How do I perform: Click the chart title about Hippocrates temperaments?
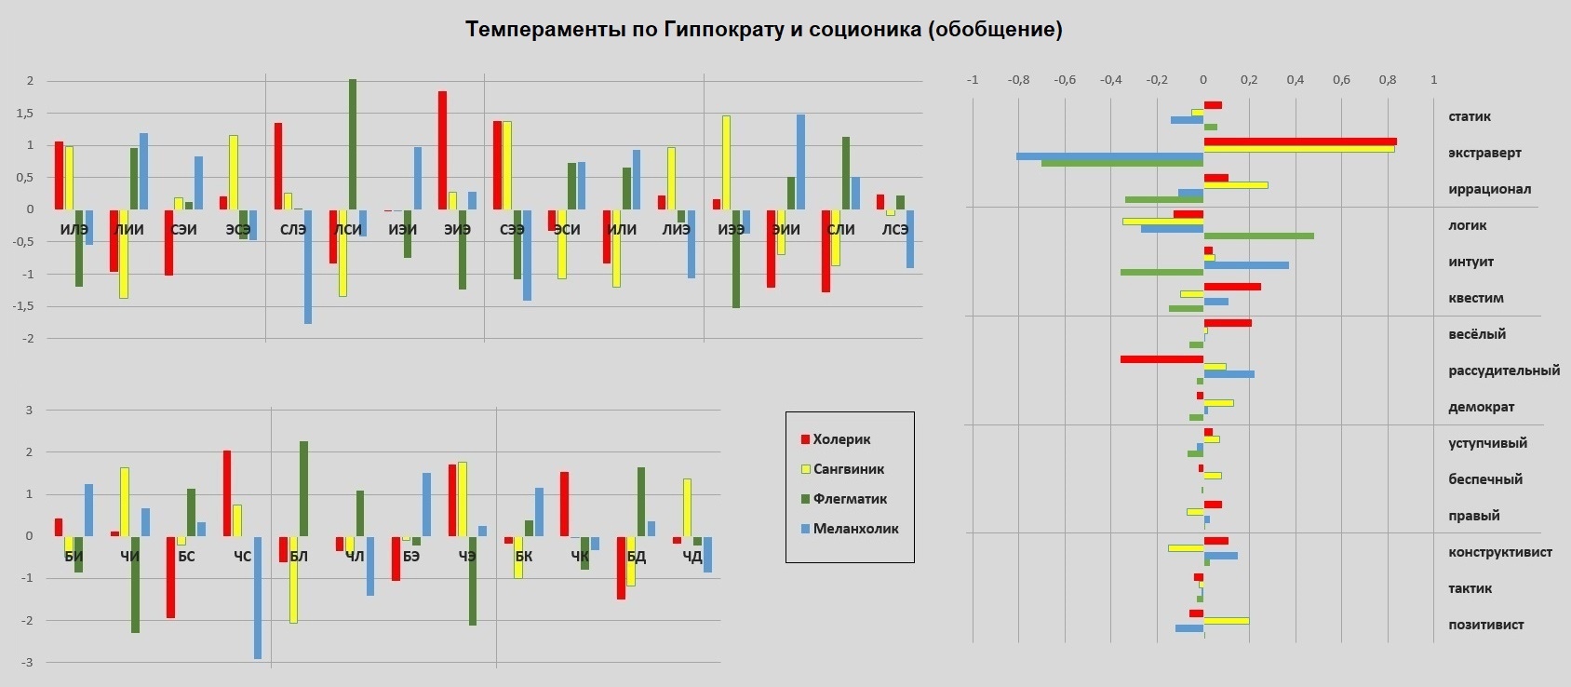click(763, 30)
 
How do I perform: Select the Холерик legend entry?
click(841, 439)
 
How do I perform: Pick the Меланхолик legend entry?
click(855, 529)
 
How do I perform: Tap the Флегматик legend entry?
click(850, 499)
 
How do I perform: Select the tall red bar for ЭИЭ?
click(442, 150)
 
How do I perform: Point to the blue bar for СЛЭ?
click(308, 266)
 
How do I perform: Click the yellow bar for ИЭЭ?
click(726, 163)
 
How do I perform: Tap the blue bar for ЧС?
click(258, 597)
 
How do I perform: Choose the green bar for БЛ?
click(303, 489)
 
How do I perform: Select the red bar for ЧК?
click(564, 504)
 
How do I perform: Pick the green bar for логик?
click(1258, 236)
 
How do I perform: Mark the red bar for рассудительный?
click(1161, 359)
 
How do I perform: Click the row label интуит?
click(1470, 262)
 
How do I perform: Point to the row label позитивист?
click(1485, 625)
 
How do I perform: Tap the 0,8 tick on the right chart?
click(1387, 80)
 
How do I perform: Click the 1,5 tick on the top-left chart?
click(25, 114)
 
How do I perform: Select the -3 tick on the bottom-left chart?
click(28, 663)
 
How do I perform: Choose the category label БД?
click(637, 557)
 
